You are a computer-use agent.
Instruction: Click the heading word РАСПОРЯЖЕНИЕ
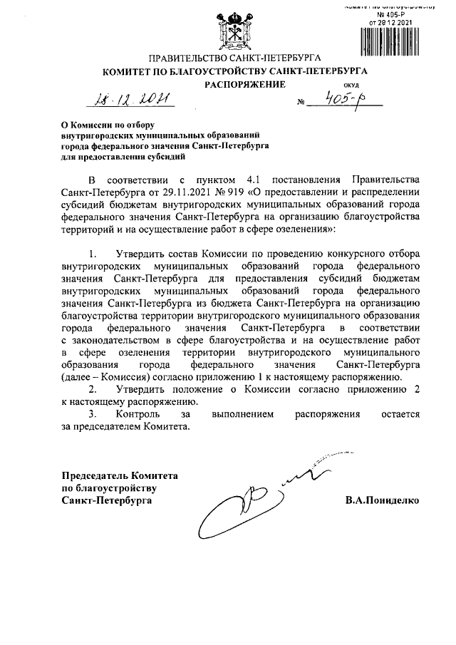[246, 85]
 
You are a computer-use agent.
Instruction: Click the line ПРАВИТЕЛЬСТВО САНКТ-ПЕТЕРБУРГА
[234, 57]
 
